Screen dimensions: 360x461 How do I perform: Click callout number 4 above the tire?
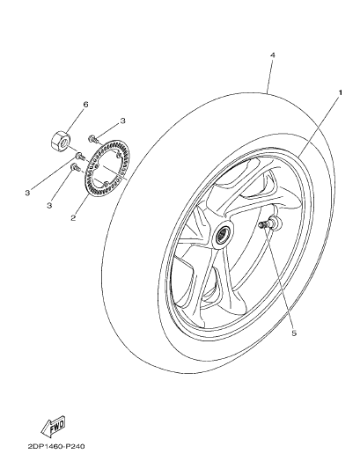click(273, 55)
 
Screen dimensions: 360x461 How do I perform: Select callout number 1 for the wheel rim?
click(341, 92)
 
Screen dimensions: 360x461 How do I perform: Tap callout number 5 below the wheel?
click(294, 333)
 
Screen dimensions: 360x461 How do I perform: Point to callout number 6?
click(85, 105)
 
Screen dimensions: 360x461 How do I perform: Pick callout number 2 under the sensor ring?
click(73, 218)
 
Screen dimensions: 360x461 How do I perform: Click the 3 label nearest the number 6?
click(122, 121)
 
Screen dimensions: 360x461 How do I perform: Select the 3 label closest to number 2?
click(49, 205)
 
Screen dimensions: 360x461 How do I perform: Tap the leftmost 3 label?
click(27, 194)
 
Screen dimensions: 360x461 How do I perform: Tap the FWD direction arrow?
click(53, 426)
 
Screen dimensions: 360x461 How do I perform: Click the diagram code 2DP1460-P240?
click(56, 446)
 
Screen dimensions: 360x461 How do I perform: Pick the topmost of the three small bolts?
click(93, 138)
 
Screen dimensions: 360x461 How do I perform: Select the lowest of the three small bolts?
click(76, 167)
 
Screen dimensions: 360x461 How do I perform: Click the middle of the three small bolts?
click(80, 156)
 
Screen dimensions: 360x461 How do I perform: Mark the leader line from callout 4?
click(270, 76)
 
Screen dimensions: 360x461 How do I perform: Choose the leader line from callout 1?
click(320, 125)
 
